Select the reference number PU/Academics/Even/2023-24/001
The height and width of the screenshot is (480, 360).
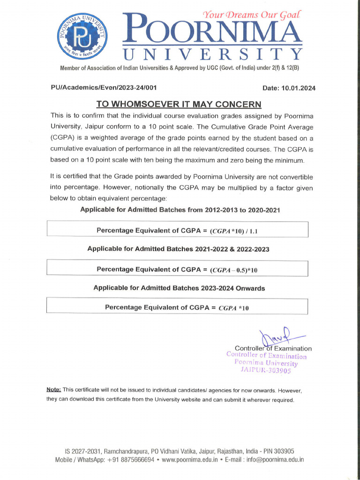point(104,87)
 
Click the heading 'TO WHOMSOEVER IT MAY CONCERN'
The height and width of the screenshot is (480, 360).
point(179,104)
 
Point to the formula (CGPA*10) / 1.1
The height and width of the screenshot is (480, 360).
point(234,231)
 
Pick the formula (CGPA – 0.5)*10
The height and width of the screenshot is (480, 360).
point(234,270)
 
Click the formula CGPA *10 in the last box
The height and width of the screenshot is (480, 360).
point(234,308)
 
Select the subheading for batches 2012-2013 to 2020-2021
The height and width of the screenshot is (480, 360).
point(180,210)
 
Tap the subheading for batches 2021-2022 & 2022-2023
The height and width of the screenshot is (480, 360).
point(178,249)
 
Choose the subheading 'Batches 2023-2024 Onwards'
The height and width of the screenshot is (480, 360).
point(179,288)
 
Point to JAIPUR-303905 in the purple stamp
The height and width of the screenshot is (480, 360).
point(266,370)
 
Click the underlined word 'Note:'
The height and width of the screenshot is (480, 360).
point(53,390)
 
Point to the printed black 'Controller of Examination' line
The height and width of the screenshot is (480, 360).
point(273,348)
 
